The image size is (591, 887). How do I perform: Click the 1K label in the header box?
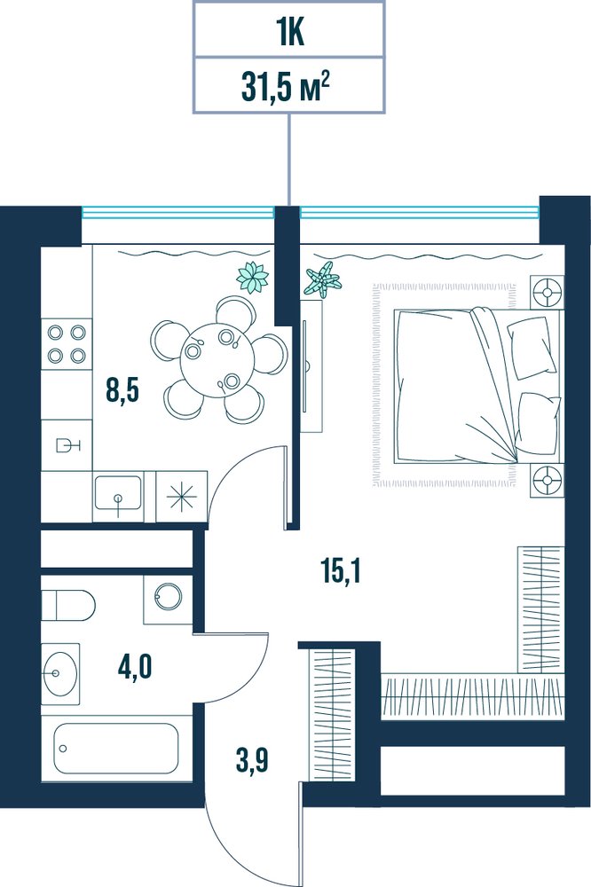[291, 33]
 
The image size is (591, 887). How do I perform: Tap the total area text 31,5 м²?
[286, 87]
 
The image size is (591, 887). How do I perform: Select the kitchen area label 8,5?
[122, 391]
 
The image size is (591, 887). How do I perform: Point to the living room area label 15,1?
[340, 571]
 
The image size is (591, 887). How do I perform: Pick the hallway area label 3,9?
[252, 761]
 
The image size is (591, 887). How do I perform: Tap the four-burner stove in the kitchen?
[67, 344]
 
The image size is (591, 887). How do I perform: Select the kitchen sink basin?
[118, 491]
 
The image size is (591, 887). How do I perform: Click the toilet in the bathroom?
[68, 605]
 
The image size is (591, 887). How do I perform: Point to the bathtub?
[116, 748]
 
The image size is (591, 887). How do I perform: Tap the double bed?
[479, 386]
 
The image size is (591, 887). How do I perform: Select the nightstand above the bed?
[547, 293]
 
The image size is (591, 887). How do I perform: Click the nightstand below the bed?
[547, 480]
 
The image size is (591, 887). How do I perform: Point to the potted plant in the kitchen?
[253, 278]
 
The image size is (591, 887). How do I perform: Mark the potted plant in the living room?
[323, 279]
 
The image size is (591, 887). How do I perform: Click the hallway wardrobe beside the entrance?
[333, 717]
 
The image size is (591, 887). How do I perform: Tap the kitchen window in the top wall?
[177, 212]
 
